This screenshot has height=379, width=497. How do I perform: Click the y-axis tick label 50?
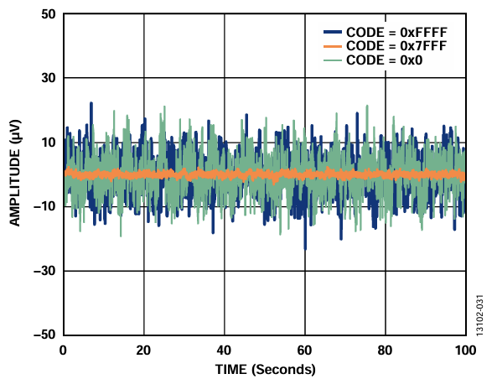(x=49, y=14)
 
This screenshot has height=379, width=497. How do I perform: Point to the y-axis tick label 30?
(x=49, y=78)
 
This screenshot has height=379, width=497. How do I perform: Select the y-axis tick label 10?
(x=49, y=143)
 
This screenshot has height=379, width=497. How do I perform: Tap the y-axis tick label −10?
(x=44, y=207)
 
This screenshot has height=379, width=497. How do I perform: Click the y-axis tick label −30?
(x=44, y=271)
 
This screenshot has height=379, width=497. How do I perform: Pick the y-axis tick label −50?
(x=44, y=335)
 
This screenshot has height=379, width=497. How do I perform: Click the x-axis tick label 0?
(x=63, y=350)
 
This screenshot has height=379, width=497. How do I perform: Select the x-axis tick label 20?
(x=143, y=350)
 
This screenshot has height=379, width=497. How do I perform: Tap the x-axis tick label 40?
(x=224, y=350)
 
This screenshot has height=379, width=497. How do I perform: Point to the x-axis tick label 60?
(x=304, y=350)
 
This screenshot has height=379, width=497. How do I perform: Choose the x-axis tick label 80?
(x=385, y=350)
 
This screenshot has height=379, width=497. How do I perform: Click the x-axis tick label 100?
(x=465, y=350)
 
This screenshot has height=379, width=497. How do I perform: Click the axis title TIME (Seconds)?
(x=266, y=370)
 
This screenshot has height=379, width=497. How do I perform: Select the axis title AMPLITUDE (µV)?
(x=14, y=173)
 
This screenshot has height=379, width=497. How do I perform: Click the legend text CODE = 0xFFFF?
(x=396, y=33)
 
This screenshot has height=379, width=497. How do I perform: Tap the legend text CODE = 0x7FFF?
(x=396, y=46)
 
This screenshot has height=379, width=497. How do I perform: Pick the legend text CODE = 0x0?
(x=385, y=60)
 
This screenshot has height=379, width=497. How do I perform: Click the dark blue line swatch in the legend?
(x=333, y=32)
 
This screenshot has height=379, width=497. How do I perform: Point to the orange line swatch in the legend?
(x=333, y=46)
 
